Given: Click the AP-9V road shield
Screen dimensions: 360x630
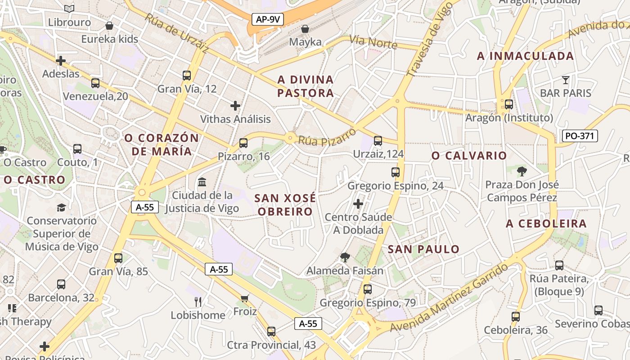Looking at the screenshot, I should (267, 19).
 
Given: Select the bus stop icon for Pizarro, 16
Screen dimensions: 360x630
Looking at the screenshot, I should (243, 143).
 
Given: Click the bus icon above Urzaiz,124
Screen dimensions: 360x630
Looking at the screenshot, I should (378, 141).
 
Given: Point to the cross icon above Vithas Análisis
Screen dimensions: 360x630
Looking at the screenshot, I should (235, 106).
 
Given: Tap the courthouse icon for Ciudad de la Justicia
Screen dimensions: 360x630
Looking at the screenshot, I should (202, 182).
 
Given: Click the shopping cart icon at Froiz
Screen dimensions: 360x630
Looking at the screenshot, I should (245, 298).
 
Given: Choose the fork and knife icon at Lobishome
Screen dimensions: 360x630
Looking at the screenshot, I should (198, 301).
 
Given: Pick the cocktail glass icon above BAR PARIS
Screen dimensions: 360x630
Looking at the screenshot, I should (566, 80).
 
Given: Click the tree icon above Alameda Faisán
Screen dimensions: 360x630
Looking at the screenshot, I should (345, 257).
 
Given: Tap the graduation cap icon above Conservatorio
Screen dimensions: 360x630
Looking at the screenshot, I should (61, 207).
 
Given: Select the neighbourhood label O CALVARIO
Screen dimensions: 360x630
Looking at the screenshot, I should (469, 156).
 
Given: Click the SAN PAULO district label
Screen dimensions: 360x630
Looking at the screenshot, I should (423, 249).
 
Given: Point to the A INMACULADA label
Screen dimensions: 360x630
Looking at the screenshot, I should (525, 56).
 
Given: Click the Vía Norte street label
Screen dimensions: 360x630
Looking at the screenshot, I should (373, 42).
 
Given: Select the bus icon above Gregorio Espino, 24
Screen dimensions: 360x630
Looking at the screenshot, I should (396, 172).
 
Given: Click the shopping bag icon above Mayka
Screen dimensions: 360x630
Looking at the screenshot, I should (305, 29).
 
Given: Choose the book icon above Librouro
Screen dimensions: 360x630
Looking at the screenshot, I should (69, 9).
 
